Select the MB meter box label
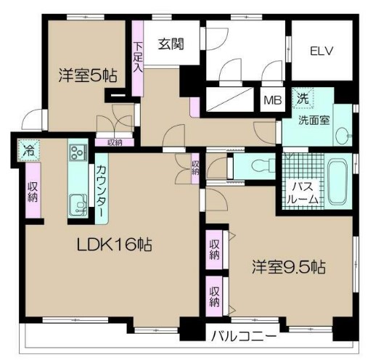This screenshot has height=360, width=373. [x=273, y=100]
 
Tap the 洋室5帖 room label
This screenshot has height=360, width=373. [x=89, y=74]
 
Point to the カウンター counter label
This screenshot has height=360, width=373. [x=102, y=191]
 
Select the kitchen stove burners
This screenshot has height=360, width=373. [x=77, y=154]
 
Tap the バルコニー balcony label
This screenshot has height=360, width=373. [x=244, y=337]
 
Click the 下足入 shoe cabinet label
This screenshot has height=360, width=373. [x=138, y=55]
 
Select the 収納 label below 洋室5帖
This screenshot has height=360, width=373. [x=115, y=142]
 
